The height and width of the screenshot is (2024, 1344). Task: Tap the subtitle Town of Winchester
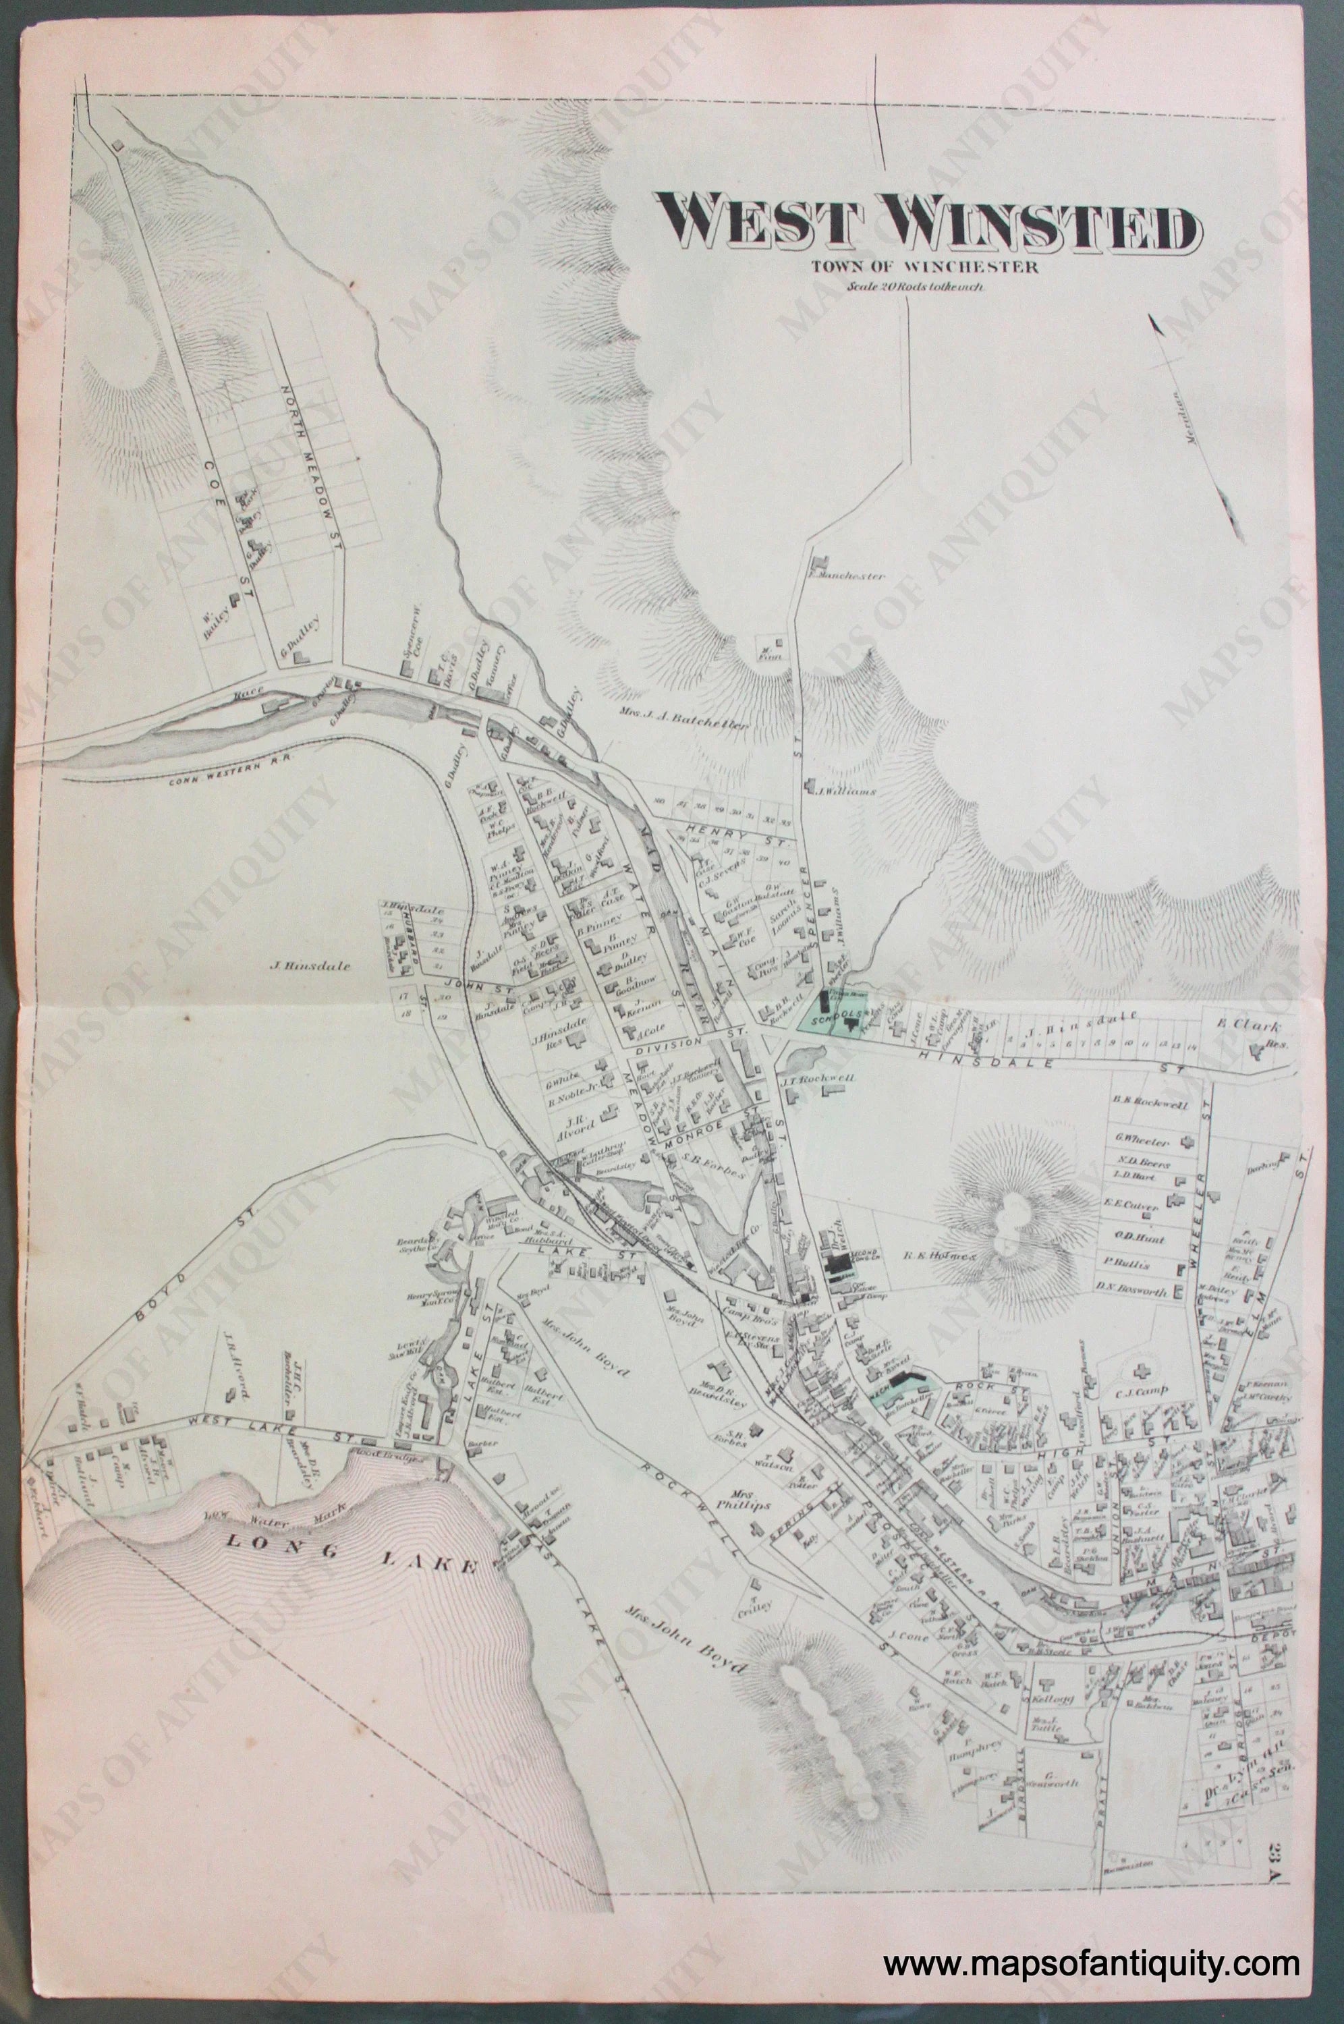pos(928,266)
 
